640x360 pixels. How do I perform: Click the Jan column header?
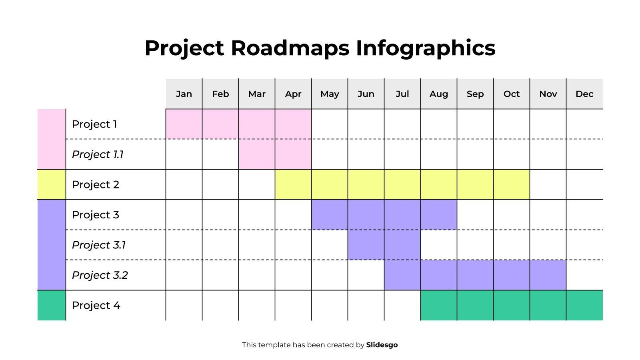coord(184,94)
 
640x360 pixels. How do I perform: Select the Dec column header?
coord(584,94)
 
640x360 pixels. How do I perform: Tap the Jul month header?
coord(402,94)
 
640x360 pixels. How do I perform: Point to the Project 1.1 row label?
coord(98,154)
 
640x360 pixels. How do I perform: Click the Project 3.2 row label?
coord(100,275)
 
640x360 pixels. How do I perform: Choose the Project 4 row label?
coord(96,306)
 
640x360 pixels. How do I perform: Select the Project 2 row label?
coord(96,185)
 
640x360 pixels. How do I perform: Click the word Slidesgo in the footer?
coord(382,345)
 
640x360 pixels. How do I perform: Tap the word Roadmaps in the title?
coord(290,48)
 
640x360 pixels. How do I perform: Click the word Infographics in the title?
coord(426,48)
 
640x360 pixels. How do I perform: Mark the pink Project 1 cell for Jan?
coord(184,124)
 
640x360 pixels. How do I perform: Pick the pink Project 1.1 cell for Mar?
coord(257,154)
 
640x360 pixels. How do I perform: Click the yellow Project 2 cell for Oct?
coord(512,184)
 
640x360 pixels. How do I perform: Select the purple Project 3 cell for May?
coord(330,215)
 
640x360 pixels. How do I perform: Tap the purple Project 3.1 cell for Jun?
coord(366,245)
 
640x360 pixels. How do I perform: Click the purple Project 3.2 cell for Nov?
coord(548,275)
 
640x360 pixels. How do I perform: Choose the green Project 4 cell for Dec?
coord(584,306)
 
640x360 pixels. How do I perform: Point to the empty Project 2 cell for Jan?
coord(184,184)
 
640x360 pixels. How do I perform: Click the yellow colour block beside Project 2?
coord(52,184)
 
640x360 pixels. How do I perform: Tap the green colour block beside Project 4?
coord(52,306)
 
